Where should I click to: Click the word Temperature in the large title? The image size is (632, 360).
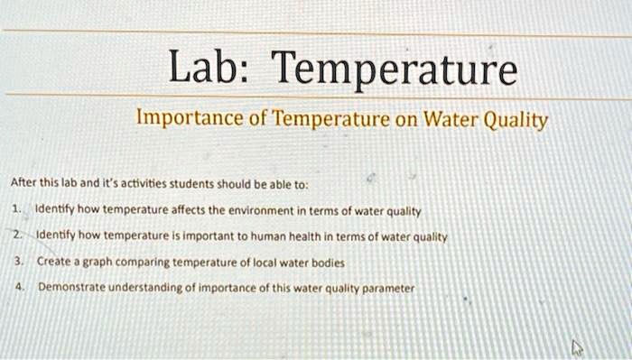395,70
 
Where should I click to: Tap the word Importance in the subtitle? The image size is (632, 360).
184,118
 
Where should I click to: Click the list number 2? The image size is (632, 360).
17,235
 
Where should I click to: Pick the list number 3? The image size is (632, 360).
17,262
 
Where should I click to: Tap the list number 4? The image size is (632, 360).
17,289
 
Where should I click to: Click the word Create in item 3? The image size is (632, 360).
54,262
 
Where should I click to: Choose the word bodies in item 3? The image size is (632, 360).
326,263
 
